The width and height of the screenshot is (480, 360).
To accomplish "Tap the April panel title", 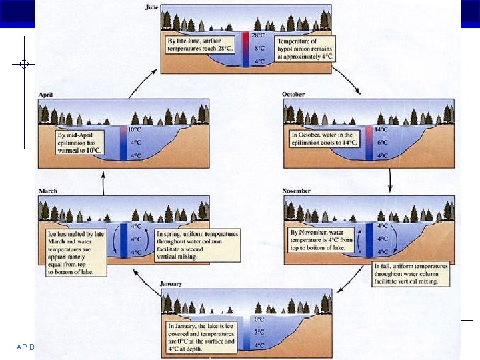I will click(49, 95).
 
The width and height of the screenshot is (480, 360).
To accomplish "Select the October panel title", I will click(294, 95).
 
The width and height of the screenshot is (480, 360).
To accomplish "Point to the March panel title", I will click(49, 191).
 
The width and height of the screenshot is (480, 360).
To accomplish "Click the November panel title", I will click(297, 191).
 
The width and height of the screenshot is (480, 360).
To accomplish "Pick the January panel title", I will click(172, 284).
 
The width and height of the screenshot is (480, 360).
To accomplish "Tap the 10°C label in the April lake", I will click(135, 130).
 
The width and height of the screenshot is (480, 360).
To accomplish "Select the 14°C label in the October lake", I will click(381, 130).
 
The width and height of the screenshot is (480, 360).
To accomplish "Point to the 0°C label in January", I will click(259, 319).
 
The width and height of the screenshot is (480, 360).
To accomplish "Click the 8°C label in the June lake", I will click(260, 48).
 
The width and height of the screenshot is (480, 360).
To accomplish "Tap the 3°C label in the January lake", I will click(259, 332).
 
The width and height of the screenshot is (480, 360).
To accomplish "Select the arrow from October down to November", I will click(390, 179).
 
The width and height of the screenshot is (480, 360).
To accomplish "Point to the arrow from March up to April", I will click(103, 180).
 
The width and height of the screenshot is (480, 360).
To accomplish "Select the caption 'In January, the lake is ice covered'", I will click(201, 333).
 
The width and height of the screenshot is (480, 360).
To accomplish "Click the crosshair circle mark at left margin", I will click(24, 64).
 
